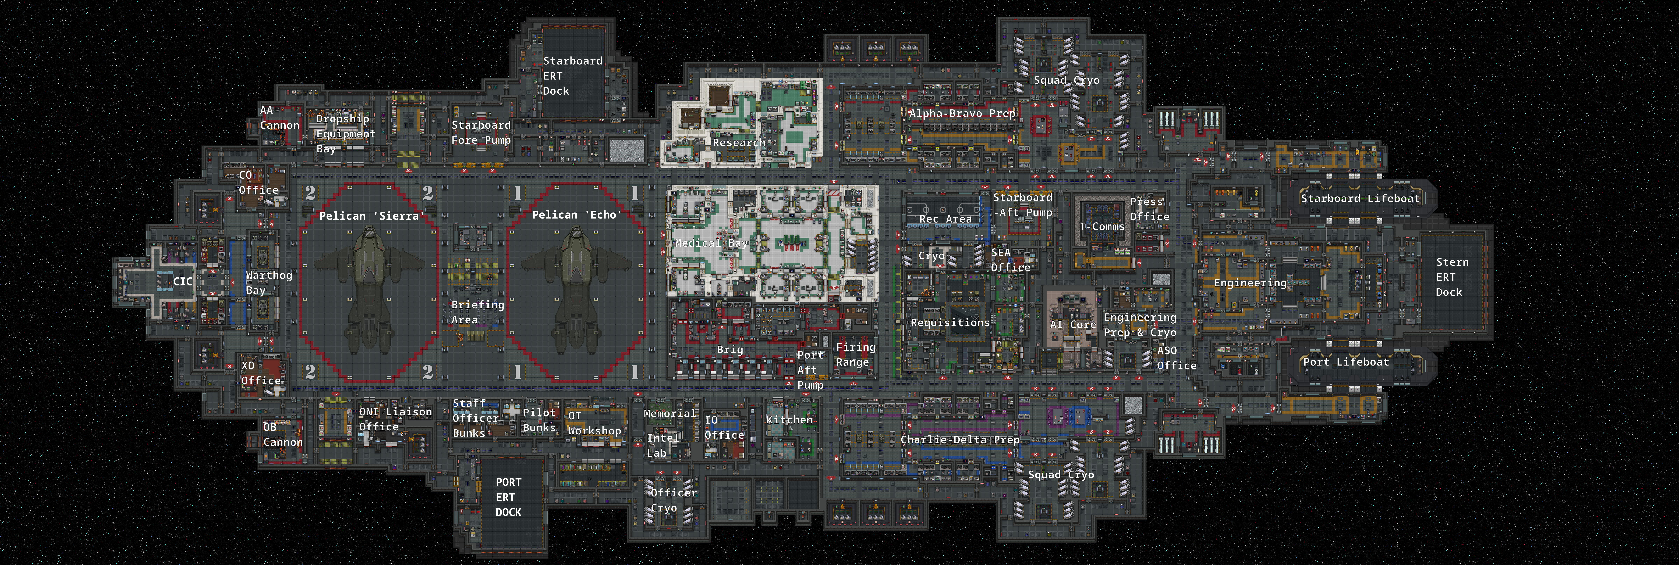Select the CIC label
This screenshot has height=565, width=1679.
(x=182, y=281)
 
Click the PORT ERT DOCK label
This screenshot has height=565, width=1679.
(x=508, y=497)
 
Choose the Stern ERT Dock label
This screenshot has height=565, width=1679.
(x=1452, y=277)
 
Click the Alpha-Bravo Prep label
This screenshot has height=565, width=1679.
(x=962, y=113)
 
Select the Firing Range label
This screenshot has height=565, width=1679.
(x=855, y=355)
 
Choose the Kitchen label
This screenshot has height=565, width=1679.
(x=789, y=420)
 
